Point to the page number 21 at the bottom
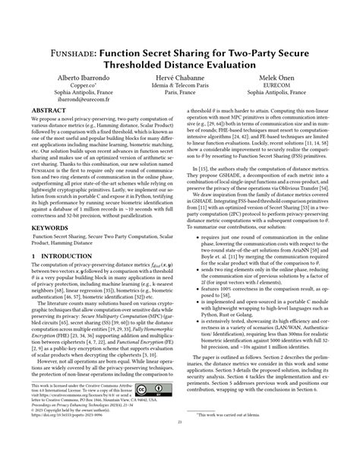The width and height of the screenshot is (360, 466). pyautogui.click(x=180, y=444)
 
